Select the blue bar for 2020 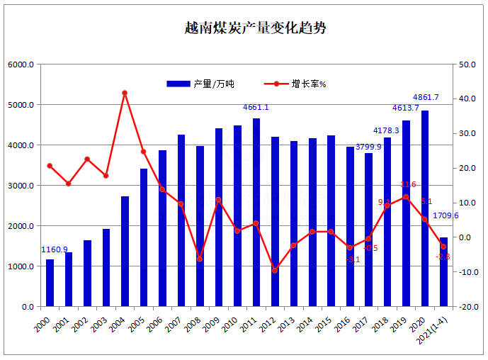click(x=425, y=209)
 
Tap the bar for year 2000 click(x=50, y=283)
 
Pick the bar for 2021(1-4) click(x=444, y=272)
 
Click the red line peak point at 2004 click(x=125, y=93)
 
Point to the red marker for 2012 click(x=275, y=270)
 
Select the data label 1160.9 click(x=55, y=249)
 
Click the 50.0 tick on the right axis click(x=466, y=64)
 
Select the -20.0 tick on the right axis click(x=466, y=307)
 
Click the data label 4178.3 click(x=386, y=130)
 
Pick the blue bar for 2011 click(x=256, y=213)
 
